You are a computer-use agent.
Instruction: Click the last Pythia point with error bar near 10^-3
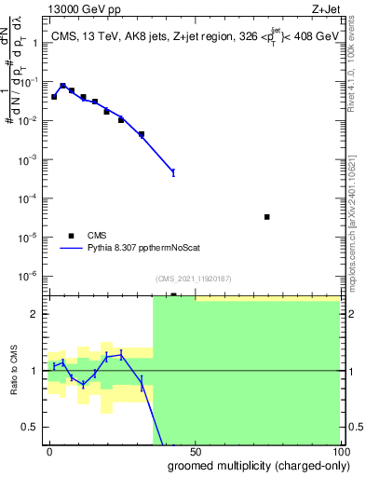point(172,172)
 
